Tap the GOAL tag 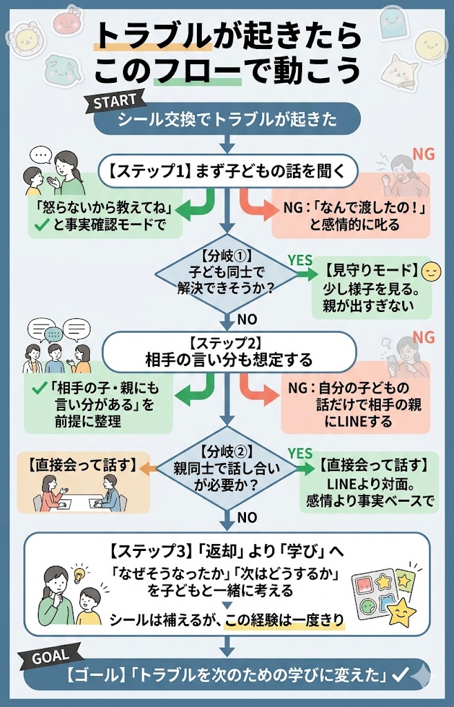pos(53,657)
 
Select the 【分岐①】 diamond pos(227,277)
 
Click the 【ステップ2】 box pos(228,352)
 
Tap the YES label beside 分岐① pos(300,260)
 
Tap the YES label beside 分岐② pos(300,453)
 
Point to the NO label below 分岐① pos(247,320)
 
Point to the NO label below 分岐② pos(247,517)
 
